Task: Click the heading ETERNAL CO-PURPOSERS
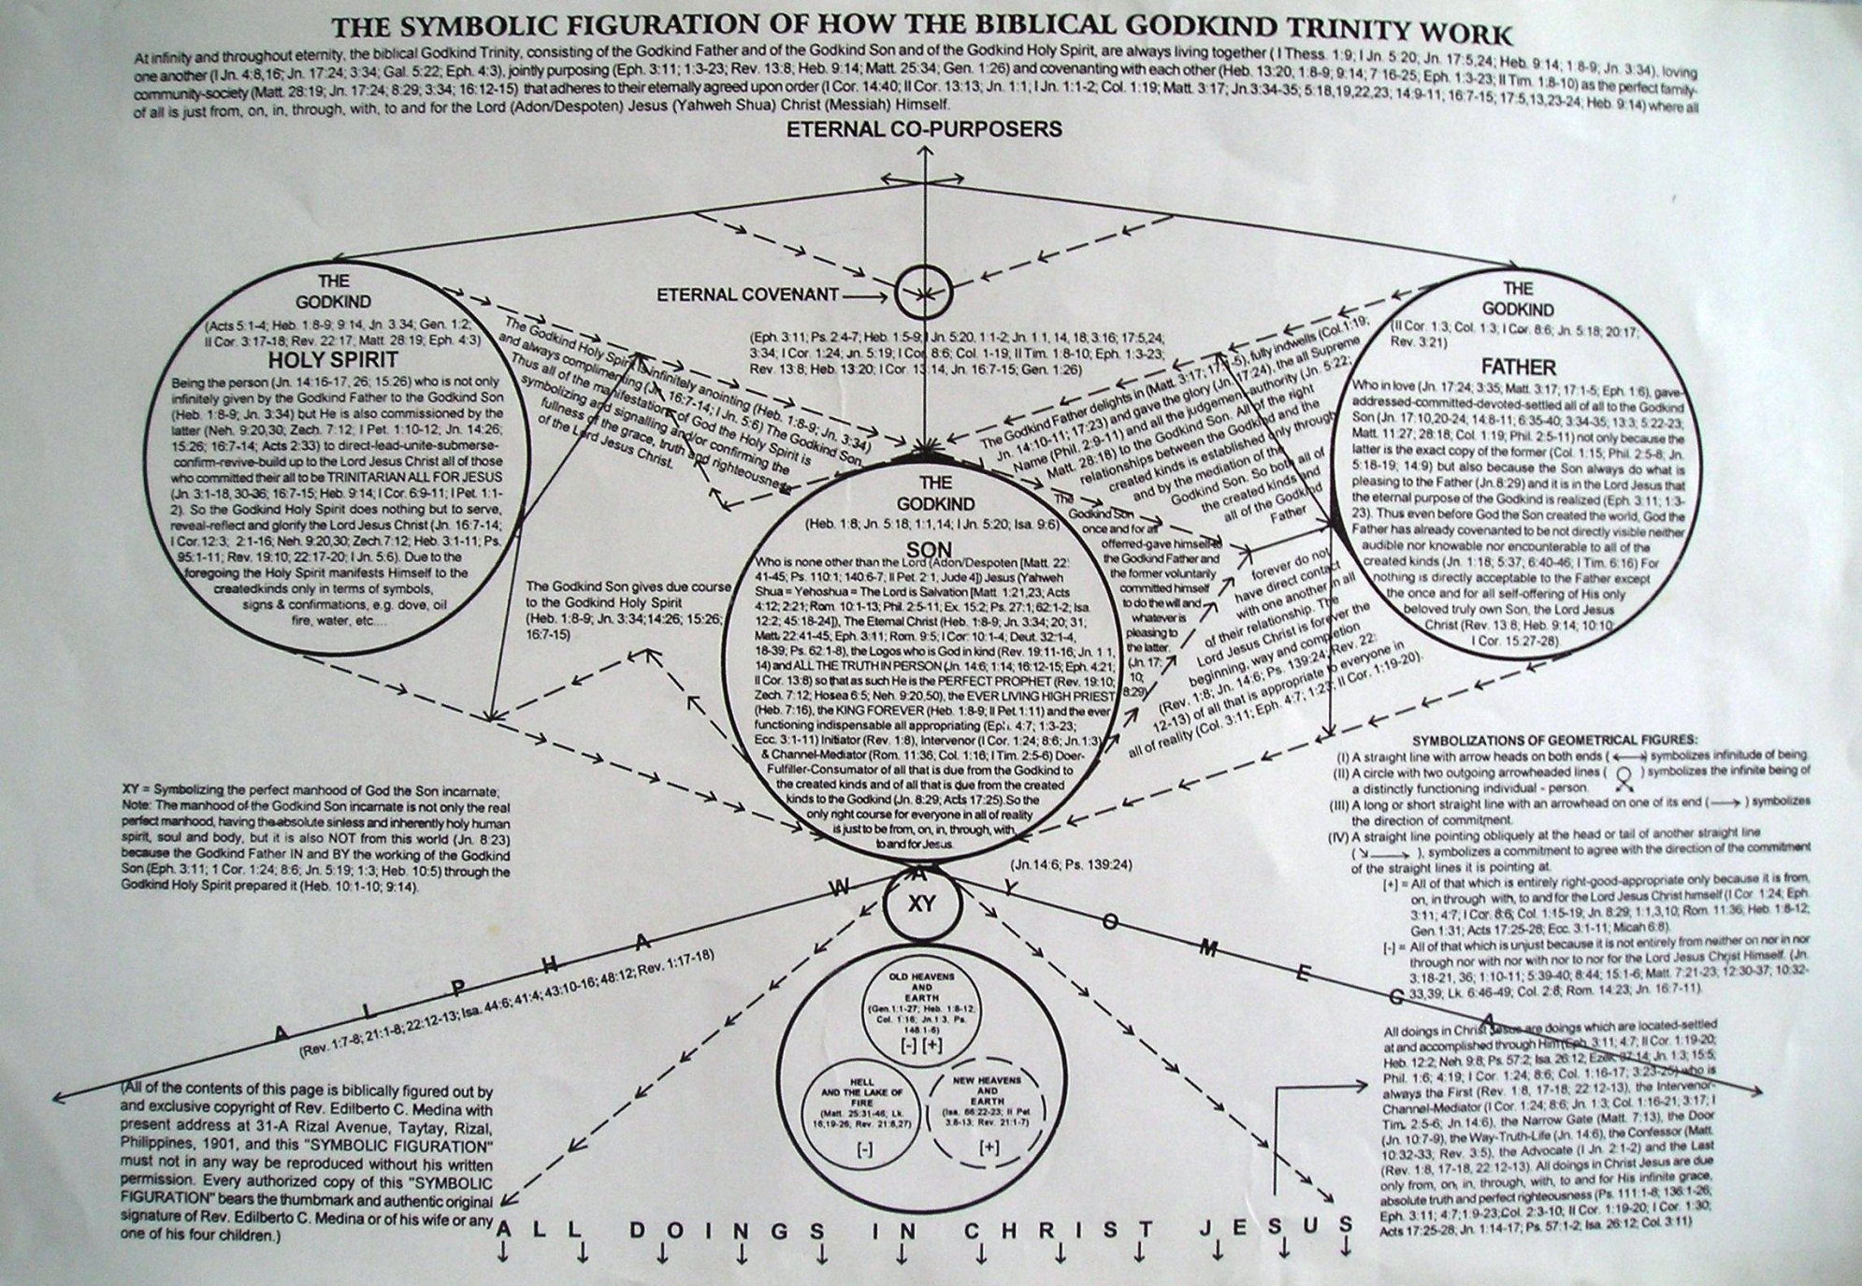tap(924, 128)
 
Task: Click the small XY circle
tap(922, 905)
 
